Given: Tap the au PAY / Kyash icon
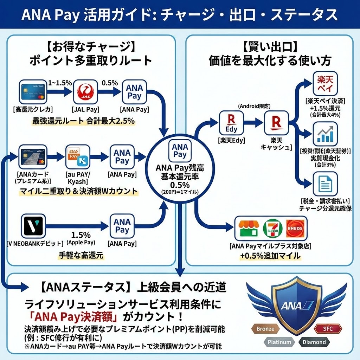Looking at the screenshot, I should coord(78,157).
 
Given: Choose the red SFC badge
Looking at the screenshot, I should coord(327,329).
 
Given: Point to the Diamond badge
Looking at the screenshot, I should coord(314,342).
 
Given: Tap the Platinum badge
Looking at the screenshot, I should coord(279,342).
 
